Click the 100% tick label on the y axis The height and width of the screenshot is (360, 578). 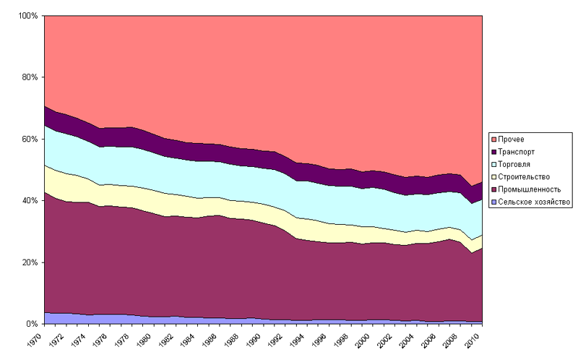pos(27,16)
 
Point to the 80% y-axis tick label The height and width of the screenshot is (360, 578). pos(30,77)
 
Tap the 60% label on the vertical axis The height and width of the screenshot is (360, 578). pos(30,139)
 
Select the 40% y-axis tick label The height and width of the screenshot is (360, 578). pos(30,200)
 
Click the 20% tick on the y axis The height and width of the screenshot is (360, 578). pos(30,262)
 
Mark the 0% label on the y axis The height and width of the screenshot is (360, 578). pos(32,324)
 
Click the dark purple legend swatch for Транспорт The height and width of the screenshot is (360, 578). pos(493,152)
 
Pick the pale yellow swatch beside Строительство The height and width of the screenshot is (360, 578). pos(493,176)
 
